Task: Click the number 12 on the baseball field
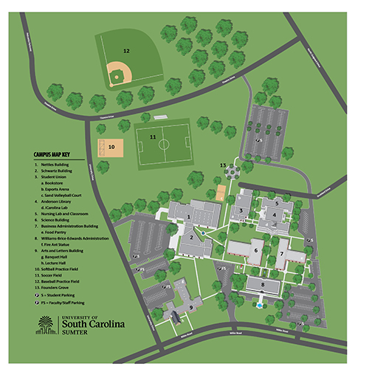(x=126, y=51)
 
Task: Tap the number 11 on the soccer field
(x=153, y=137)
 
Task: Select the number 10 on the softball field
(x=111, y=147)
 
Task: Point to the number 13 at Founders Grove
(x=222, y=165)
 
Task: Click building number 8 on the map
(x=261, y=283)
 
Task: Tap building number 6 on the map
(x=255, y=250)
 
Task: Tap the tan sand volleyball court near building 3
(x=220, y=193)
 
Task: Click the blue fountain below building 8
(x=258, y=303)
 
